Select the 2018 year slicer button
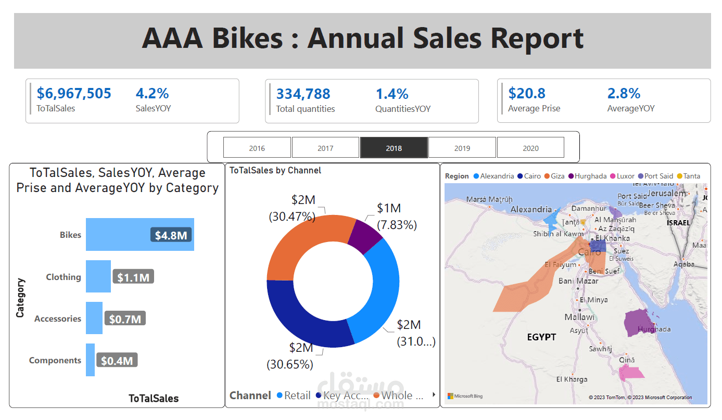(394, 148)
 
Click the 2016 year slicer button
(257, 148)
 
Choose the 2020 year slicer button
(530, 148)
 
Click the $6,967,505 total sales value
(74, 94)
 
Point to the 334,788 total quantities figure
(303, 94)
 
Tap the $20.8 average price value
(527, 94)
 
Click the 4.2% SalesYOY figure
(152, 94)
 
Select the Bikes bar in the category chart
(120, 235)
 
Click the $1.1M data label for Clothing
(133, 277)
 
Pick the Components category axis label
(55, 360)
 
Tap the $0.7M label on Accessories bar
(125, 319)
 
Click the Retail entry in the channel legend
(297, 396)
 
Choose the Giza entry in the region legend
(557, 176)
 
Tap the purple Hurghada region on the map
(637, 323)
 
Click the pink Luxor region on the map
(631, 372)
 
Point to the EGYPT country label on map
(541, 337)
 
